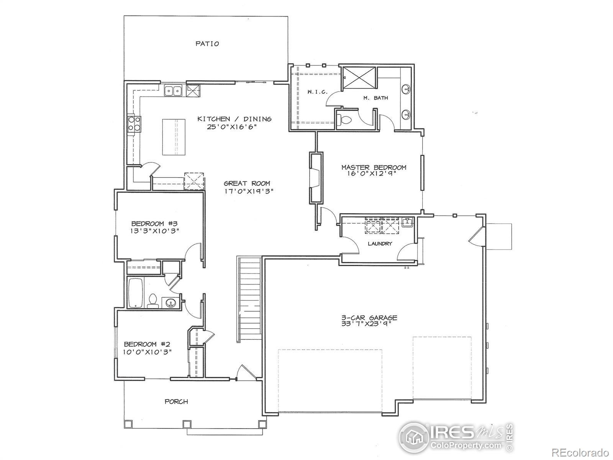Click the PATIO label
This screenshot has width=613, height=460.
(207, 44)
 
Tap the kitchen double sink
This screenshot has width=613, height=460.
(173, 91)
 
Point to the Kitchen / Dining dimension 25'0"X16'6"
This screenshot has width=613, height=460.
(231, 127)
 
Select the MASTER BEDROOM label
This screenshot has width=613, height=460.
(374, 167)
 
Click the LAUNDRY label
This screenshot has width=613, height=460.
(380, 243)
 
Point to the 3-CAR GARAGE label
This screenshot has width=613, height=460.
(369, 318)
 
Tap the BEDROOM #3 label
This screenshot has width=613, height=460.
(153, 223)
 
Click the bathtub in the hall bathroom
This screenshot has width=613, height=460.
(135, 293)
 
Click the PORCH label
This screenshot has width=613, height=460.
(176, 402)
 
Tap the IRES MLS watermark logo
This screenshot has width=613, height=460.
(456, 437)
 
